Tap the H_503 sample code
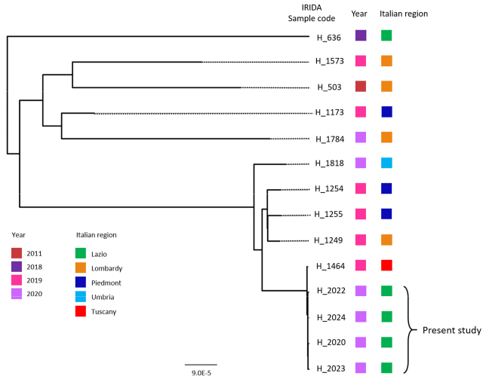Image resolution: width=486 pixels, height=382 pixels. [329, 87]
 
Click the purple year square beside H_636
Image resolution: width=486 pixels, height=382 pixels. [361, 35]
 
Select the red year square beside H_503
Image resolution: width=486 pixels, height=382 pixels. [361, 87]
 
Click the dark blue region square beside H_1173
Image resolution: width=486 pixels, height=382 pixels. [386, 112]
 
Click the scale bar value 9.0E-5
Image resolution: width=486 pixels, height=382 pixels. [201, 371]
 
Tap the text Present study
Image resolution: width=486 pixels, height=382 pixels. [451, 330]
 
